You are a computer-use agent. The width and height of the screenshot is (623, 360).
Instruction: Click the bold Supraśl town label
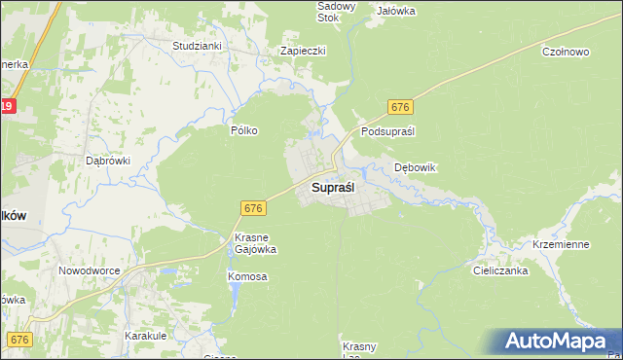(x=332, y=186)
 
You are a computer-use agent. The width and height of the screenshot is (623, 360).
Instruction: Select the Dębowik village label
(x=415, y=167)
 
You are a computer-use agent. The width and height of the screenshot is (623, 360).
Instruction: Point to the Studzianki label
(x=197, y=46)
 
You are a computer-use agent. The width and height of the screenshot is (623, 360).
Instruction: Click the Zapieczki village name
(x=303, y=51)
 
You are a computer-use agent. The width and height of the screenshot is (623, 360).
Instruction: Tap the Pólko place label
(x=243, y=130)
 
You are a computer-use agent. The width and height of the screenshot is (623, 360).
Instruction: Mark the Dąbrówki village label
(x=108, y=161)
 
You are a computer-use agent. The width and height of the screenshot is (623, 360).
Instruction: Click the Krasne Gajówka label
(x=256, y=243)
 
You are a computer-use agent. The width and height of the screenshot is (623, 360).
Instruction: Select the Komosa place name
(x=247, y=276)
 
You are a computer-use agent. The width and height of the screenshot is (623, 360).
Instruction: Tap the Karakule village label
(x=148, y=336)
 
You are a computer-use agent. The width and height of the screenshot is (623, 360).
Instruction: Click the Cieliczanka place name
(x=500, y=271)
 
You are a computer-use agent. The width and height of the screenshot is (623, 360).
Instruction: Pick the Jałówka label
(x=396, y=11)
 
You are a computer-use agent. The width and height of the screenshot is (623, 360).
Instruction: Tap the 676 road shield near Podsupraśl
(x=400, y=106)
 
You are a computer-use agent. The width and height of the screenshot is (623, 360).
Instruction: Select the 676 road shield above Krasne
(x=252, y=208)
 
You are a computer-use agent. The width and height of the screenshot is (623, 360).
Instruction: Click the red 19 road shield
(x=6, y=106)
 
